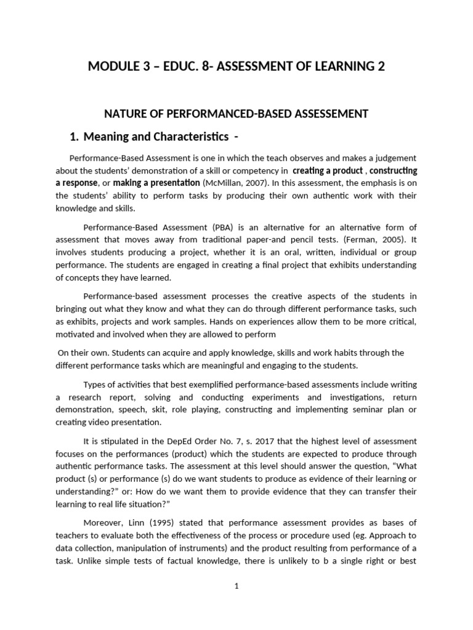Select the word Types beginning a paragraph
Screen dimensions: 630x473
[x=95, y=385]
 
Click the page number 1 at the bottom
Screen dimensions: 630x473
[x=236, y=586]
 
